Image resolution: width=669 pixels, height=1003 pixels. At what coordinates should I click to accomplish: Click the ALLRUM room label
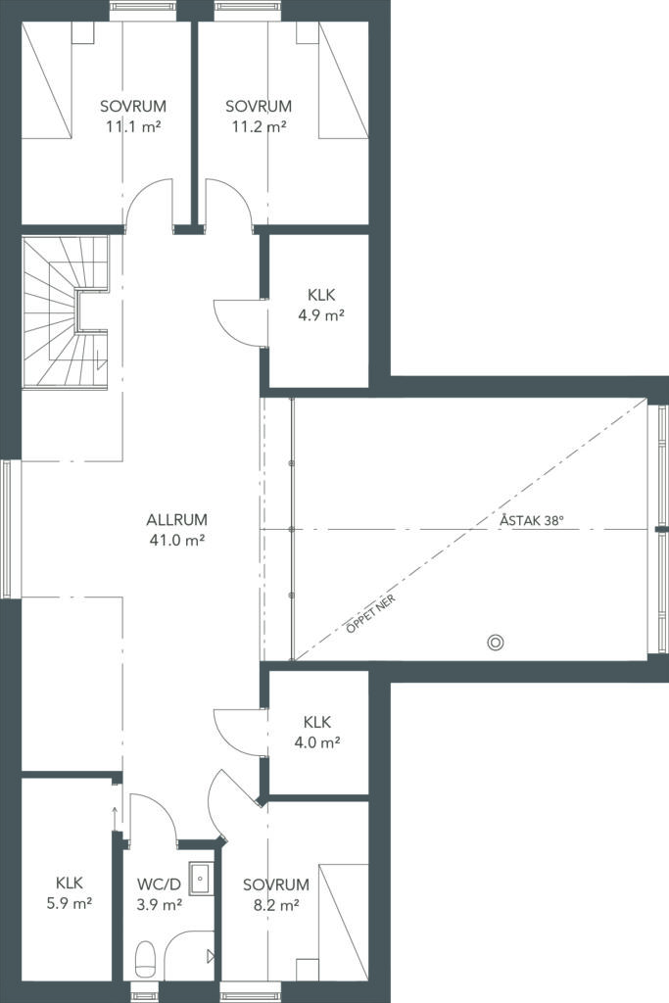[176, 520]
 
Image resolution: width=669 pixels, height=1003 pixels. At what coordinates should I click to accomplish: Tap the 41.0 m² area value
[176, 541]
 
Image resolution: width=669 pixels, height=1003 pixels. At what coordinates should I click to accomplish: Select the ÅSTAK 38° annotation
[532, 520]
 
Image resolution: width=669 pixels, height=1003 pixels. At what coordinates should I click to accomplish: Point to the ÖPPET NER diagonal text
[371, 613]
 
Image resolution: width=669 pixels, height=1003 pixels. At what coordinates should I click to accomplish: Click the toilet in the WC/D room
[146, 960]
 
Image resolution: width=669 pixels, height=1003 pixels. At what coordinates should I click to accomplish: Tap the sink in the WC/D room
[201, 879]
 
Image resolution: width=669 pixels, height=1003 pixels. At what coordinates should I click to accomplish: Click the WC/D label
[160, 884]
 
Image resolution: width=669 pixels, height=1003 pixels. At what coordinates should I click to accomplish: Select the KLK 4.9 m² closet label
[321, 306]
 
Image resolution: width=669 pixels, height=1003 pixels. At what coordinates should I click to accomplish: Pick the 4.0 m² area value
[316, 742]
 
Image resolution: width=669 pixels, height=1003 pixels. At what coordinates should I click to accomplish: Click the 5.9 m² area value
[70, 903]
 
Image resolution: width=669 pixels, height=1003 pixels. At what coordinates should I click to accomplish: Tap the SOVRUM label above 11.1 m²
[133, 106]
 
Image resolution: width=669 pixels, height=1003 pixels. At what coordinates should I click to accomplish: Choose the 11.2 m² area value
[259, 126]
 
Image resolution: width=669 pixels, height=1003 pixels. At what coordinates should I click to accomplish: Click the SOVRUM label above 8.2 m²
[276, 884]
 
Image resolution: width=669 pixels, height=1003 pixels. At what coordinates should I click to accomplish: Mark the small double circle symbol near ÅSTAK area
[495, 643]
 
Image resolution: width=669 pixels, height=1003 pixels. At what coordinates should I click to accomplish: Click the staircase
[66, 312]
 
